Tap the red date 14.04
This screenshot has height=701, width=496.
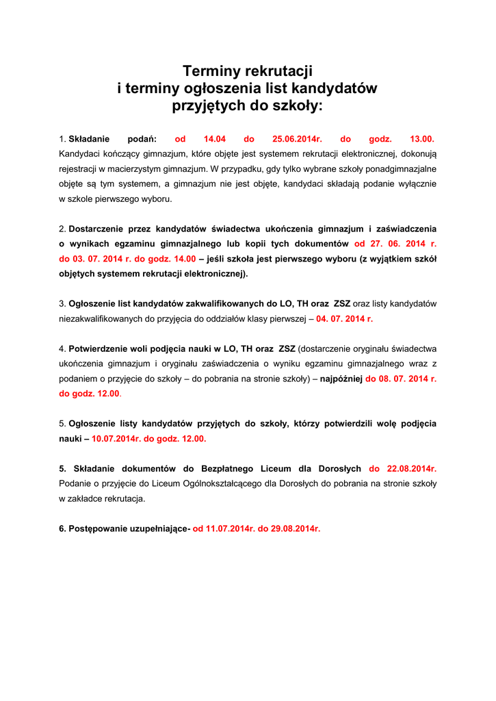pos(215,139)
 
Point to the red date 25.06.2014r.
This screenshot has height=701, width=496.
pos(298,139)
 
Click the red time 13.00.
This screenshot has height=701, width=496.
pos(422,139)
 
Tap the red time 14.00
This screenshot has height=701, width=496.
pos(181,259)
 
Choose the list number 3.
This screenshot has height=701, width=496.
pos(62,303)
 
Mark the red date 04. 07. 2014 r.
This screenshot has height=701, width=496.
pos(344,318)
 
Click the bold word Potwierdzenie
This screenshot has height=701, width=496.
pos(100,348)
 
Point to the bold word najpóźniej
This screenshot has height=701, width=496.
pos(341,379)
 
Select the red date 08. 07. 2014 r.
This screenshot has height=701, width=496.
pos(401,379)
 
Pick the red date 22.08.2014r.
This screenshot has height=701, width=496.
pos(402,469)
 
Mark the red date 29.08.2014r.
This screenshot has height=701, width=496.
pos(296,528)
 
